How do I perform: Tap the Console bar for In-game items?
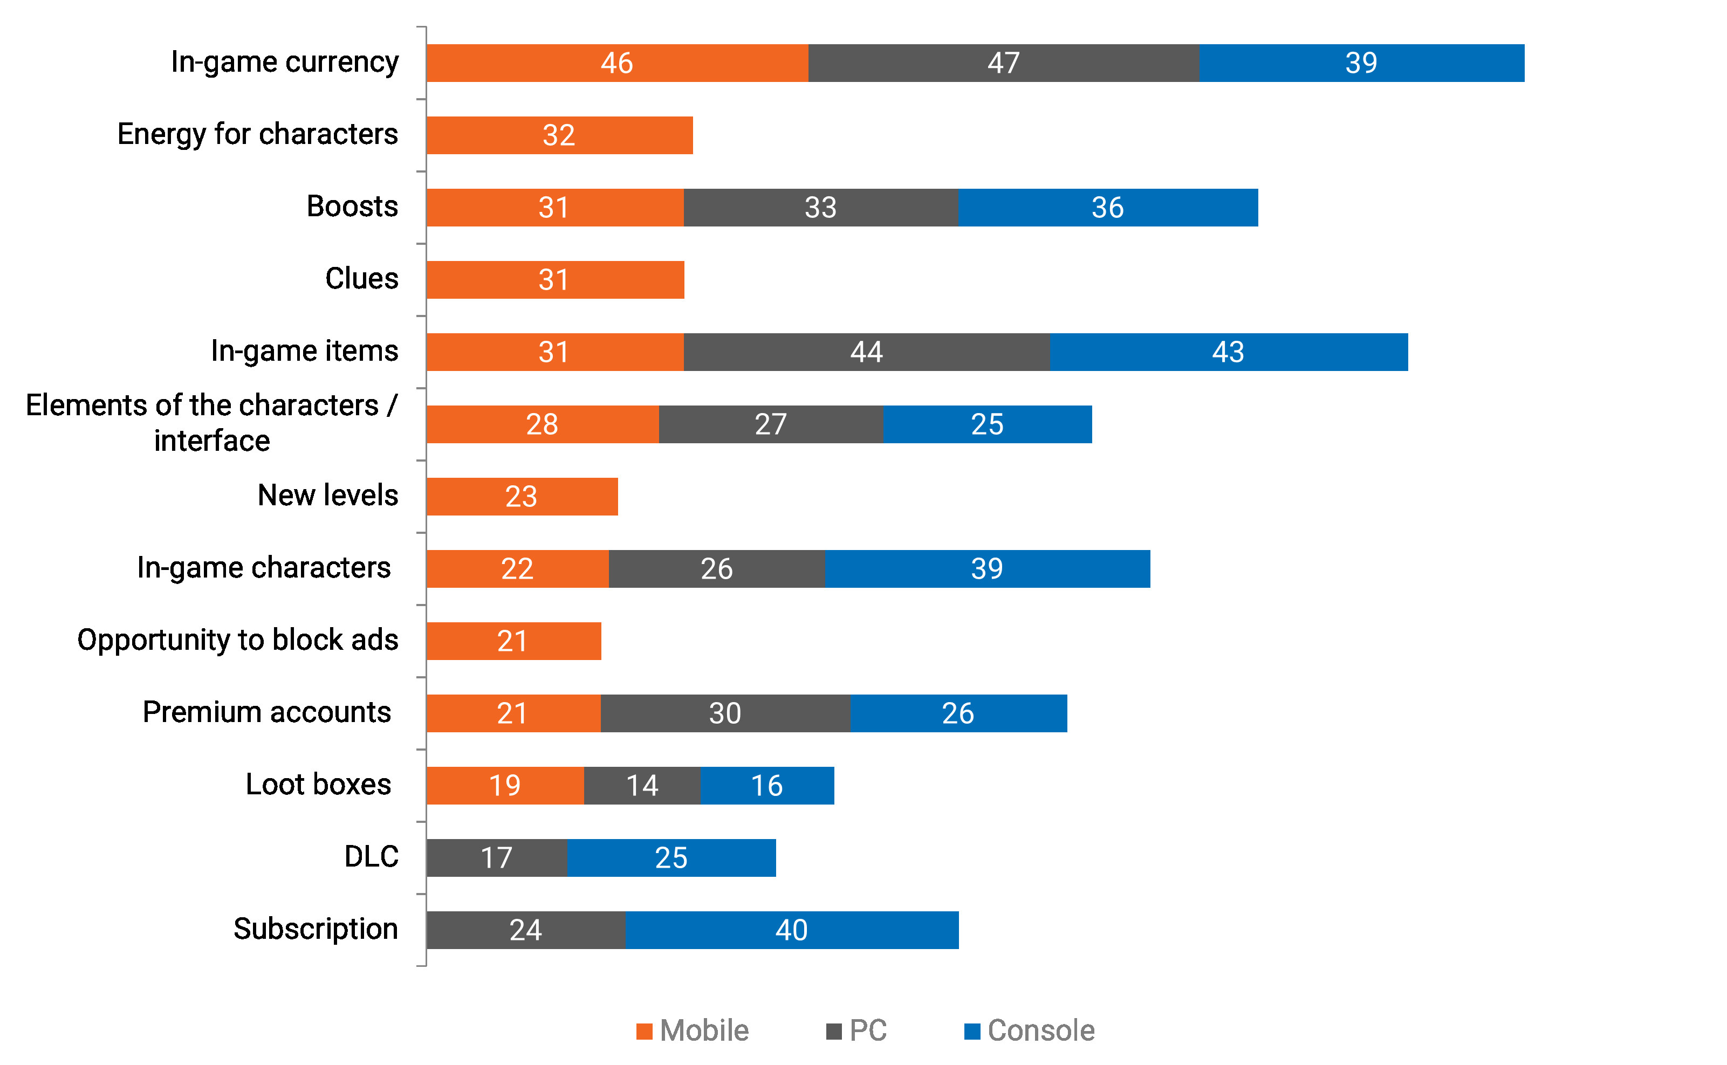click(1228, 352)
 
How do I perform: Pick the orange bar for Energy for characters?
click(559, 135)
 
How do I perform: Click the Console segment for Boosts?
click(1107, 208)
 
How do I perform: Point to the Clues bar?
click(555, 280)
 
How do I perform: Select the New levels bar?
click(522, 497)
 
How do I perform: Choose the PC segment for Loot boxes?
click(642, 785)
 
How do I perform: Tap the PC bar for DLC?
click(497, 858)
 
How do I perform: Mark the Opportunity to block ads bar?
click(513, 641)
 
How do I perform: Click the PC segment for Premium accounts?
click(725, 713)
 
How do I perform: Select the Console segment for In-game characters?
click(987, 569)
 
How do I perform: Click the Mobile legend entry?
click(693, 1031)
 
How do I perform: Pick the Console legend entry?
click(1029, 1031)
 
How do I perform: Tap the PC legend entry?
click(856, 1031)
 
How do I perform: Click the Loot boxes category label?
click(318, 784)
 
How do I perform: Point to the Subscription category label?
click(316, 929)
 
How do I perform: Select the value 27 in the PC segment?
click(771, 424)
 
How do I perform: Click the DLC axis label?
click(371, 856)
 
